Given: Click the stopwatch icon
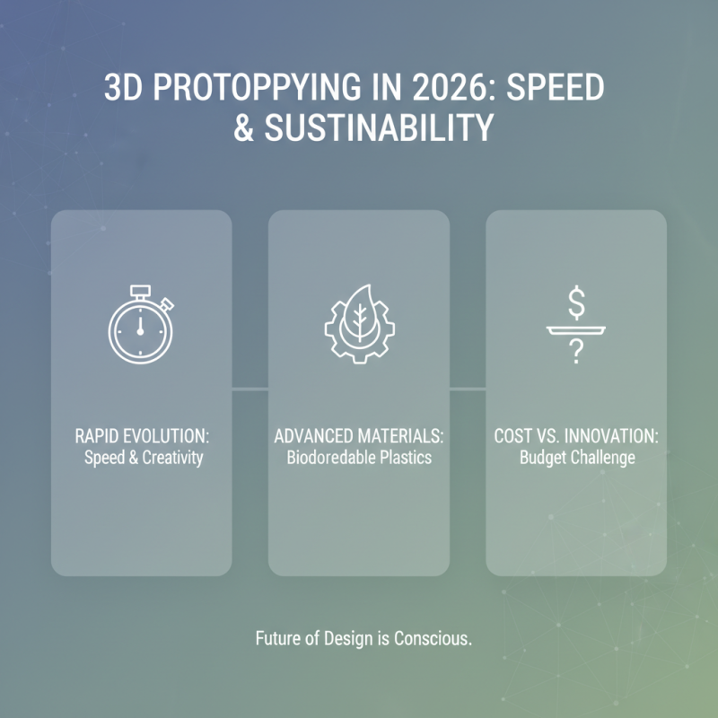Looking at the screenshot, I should click(x=140, y=325).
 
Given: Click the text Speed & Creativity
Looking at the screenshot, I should click(x=142, y=457).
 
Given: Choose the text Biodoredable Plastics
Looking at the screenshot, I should click(x=359, y=457).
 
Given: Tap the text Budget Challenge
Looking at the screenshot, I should click(x=576, y=457).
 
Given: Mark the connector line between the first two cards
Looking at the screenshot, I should click(x=250, y=389).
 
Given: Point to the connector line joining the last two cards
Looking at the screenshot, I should click(x=468, y=389).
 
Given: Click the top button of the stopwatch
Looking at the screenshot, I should click(x=139, y=290).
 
